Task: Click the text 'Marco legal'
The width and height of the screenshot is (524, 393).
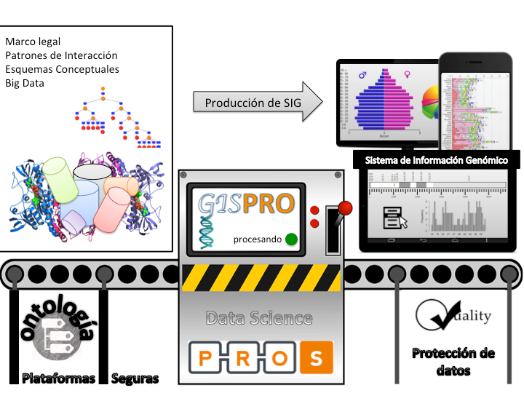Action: [x=33, y=41]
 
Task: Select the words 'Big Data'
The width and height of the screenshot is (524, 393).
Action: [x=25, y=83]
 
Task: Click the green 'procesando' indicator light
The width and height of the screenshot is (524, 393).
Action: [x=292, y=239]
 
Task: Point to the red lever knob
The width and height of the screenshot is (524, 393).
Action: [x=346, y=207]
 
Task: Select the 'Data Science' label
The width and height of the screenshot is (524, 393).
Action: [x=259, y=318]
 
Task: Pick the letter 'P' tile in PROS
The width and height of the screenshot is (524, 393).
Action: [x=207, y=358]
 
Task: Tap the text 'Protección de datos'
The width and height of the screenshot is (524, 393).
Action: [x=453, y=362]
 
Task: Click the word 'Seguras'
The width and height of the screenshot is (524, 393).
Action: [x=135, y=378]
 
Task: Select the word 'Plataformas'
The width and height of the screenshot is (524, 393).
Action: [x=58, y=378]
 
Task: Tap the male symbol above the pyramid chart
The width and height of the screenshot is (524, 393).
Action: [x=362, y=74]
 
